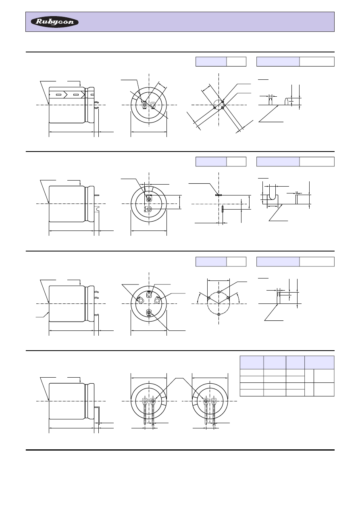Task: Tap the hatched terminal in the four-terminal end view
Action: point(149,312)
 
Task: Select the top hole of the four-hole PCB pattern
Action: point(218,292)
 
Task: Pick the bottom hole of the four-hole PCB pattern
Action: point(218,314)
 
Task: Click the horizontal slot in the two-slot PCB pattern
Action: point(218,195)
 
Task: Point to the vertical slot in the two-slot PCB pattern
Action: point(223,209)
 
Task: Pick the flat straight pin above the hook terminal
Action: point(97,195)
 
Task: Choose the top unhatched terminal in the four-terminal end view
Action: point(149,295)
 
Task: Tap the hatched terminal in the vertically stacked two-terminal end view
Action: point(149,199)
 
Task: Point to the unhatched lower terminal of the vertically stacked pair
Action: point(149,209)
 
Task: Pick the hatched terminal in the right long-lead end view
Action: point(206,401)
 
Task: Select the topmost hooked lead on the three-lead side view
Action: point(97,291)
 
